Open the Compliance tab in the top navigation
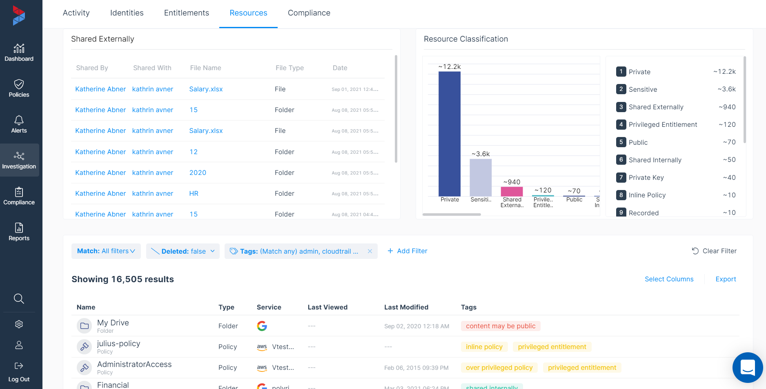click(x=309, y=13)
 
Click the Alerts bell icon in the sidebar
click(x=19, y=120)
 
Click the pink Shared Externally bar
click(x=512, y=191)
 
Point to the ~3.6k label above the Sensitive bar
click(x=481, y=154)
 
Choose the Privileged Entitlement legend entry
click(x=662, y=125)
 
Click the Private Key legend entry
click(x=646, y=178)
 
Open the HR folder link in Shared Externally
click(x=194, y=194)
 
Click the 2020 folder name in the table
click(x=198, y=173)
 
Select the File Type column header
click(x=289, y=68)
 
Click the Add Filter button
click(x=407, y=251)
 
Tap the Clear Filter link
click(x=714, y=251)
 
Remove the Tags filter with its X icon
click(x=370, y=251)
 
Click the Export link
click(x=726, y=279)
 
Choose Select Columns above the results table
click(x=669, y=279)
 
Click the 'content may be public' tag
click(x=500, y=326)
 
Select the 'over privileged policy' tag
click(x=499, y=368)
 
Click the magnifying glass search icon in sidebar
click(x=19, y=298)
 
